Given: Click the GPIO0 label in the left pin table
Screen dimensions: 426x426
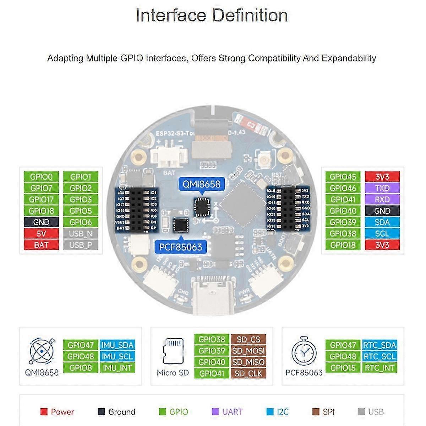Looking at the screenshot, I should coord(41,177).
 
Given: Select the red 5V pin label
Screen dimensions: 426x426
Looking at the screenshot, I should coord(41,234).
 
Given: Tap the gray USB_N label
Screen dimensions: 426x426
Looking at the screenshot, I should coord(81,234).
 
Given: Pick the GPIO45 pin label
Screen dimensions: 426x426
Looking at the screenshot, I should coord(343,177).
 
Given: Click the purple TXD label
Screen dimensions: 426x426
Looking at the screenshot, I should coord(382,188).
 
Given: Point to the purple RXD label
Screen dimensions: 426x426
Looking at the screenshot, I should coord(382,200).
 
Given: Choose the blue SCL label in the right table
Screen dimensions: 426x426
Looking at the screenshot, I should coord(382,234).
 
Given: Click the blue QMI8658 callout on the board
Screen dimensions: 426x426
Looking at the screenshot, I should coord(201,184).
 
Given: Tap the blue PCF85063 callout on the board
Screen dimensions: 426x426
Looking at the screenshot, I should coord(180,247).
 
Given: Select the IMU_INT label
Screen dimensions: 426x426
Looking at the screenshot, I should coord(117,368).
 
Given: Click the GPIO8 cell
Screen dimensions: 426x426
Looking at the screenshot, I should coord(81,368).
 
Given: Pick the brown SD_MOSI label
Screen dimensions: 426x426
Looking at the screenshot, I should coord(248,351).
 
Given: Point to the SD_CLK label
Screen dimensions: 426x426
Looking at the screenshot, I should coord(248,373).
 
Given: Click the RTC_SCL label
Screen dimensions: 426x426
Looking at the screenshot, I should coord(379,356).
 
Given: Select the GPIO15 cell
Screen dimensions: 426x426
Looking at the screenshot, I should coord(343,368).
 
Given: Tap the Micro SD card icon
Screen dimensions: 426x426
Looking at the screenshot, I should coord(173,352).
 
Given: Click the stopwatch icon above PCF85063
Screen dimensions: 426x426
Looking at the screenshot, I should coord(304,351).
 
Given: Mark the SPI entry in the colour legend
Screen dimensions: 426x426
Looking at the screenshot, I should coord(323,412).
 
